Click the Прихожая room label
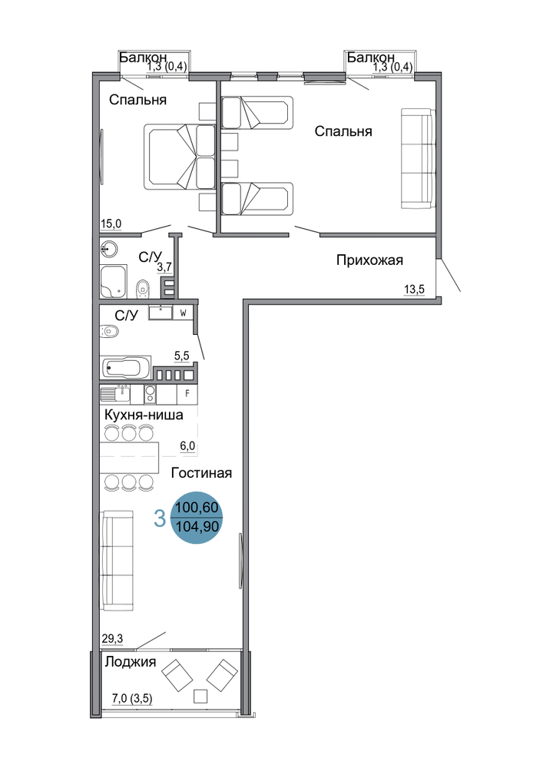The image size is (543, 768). point(369,260)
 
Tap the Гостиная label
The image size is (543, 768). point(201,472)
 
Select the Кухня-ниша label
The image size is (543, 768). point(144,415)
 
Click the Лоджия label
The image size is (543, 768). point(131,662)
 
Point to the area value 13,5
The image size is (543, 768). point(414,290)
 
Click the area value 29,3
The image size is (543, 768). point(112,638)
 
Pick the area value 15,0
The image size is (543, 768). point(111,224)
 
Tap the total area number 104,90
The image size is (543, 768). point(197,528)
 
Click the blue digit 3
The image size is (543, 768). point(160,518)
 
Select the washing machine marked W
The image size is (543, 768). point(183,313)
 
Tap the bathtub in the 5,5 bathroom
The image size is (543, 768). point(126,367)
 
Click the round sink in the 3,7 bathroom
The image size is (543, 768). point(108,249)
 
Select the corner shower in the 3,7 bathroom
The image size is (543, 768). point(114,282)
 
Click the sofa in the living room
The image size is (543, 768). point(118,561)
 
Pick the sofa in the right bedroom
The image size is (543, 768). point(418,157)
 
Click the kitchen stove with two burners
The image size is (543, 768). point(150,394)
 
